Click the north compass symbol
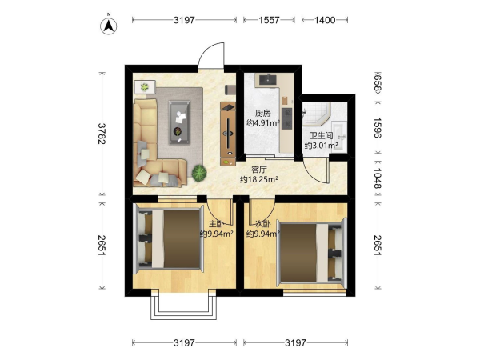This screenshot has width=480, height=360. pyautogui.click(x=109, y=26)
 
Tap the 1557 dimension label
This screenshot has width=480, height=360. pyautogui.click(x=269, y=20)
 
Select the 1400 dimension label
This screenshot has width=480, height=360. pyautogui.click(x=325, y=20)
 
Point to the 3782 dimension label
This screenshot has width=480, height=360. pyautogui.click(x=102, y=134)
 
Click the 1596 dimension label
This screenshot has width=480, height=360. pyautogui.click(x=378, y=128)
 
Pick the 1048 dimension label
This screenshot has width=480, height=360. pyautogui.click(x=378, y=178)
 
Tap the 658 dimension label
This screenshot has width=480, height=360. pyautogui.click(x=378, y=82)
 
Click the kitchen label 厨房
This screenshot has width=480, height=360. pyautogui.click(x=262, y=114)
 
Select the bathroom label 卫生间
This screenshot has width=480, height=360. pyautogui.click(x=321, y=136)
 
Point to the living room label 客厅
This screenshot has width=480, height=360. pyautogui.click(x=259, y=170)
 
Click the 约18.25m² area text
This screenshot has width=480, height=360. pyautogui.click(x=259, y=179)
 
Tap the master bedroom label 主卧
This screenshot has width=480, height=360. pyautogui.click(x=217, y=224)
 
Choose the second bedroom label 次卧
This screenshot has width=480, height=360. pyautogui.click(x=263, y=224)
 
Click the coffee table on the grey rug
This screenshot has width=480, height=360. pyautogui.click(x=179, y=122)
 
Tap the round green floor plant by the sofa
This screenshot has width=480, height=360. pyautogui.click(x=199, y=173)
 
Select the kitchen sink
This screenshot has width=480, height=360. pyautogui.click(x=269, y=79)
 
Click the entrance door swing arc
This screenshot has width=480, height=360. pyautogui.click(x=207, y=52)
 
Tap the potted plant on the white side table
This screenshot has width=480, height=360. pyautogui.click(x=145, y=87)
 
